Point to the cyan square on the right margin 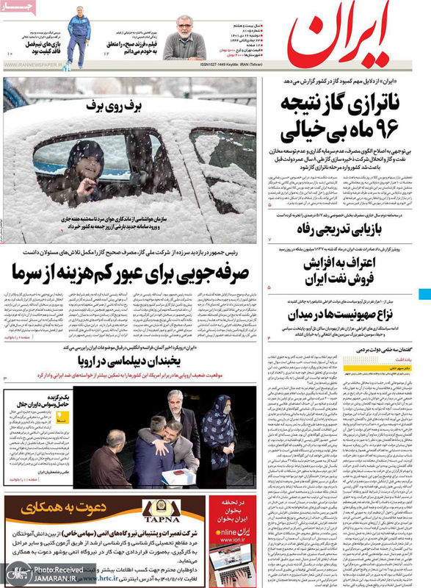[x=425, y=295]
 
